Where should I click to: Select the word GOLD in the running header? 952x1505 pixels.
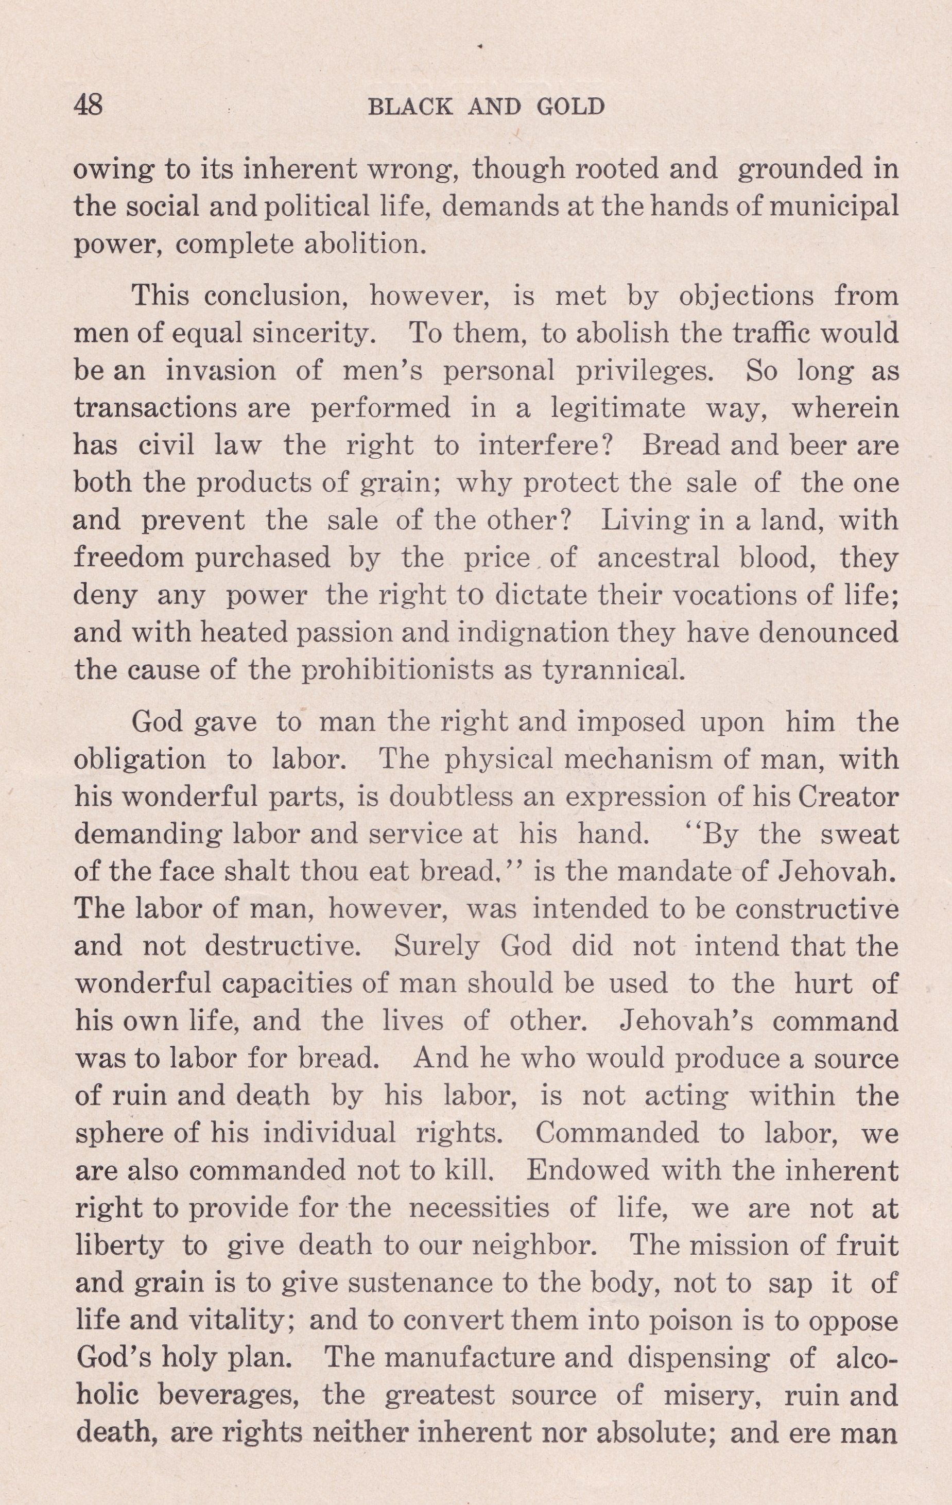click(x=570, y=108)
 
